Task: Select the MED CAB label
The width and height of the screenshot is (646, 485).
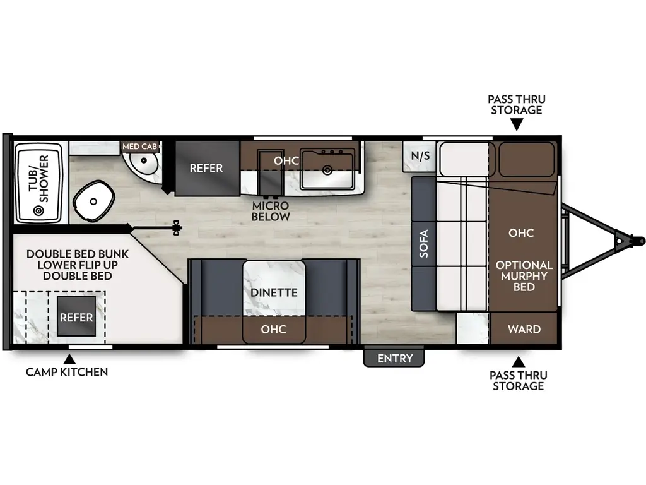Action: point(139,147)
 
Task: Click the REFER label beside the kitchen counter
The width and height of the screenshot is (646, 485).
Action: point(206,168)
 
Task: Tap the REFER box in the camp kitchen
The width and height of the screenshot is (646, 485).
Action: point(76,317)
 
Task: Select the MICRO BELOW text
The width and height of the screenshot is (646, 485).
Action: point(270,212)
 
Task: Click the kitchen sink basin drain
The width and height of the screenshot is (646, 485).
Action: point(327,170)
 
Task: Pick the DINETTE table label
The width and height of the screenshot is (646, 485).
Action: point(274,292)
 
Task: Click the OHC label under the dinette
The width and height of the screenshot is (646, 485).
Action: point(273,329)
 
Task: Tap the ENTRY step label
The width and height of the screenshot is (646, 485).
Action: point(394,359)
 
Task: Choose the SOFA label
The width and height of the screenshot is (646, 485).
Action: point(423,244)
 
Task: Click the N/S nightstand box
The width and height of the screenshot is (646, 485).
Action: point(421,155)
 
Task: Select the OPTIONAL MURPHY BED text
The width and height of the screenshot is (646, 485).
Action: point(524,276)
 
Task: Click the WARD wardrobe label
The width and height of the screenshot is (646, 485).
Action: point(524,329)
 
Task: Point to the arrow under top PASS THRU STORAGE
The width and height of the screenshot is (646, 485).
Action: point(517,126)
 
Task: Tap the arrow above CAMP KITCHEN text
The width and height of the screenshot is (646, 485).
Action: point(66,358)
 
